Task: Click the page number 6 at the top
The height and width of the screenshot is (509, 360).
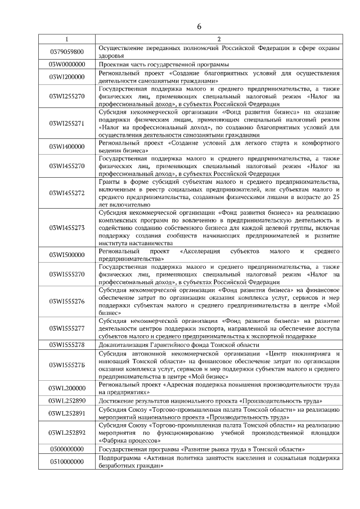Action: (199, 26)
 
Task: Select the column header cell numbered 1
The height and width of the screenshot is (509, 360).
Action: (66, 39)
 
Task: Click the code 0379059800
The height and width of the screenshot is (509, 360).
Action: (66, 52)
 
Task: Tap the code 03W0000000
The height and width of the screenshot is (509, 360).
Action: (66, 64)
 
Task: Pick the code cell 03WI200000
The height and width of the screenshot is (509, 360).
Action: (66, 76)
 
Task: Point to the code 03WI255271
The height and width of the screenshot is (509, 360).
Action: (66, 123)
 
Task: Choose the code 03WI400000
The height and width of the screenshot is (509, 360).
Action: (66, 147)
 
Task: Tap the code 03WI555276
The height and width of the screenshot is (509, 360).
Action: (66, 301)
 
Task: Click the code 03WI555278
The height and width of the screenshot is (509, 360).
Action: (66, 343)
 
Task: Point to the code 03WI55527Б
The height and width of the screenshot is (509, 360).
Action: (66, 365)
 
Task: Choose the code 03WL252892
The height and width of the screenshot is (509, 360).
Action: (66, 433)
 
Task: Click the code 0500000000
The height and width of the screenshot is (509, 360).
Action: (66, 449)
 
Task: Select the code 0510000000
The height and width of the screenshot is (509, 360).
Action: (66, 462)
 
